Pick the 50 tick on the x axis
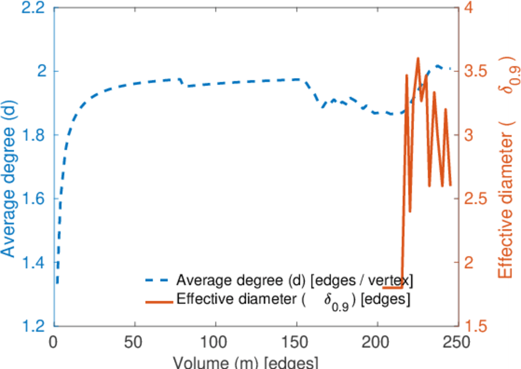[x=135, y=341]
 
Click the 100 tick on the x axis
[x=215, y=341]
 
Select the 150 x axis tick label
[x=296, y=341]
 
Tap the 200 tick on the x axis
[x=376, y=341]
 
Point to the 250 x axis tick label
[x=457, y=341]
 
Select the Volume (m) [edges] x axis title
[x=245, y=362]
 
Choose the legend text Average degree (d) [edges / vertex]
[x=294, y=280]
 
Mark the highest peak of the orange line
[x=418, y=58]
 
